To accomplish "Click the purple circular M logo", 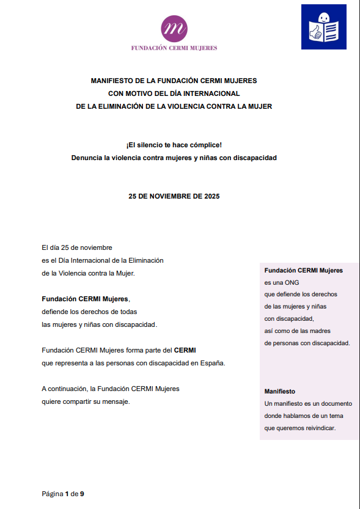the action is (174, 27).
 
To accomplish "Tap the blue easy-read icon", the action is (323, 27).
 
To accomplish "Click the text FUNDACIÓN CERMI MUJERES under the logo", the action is (174, 48).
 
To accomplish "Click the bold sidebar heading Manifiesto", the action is (280, 391).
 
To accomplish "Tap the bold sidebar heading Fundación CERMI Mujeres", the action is (303, 270).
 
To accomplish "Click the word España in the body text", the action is (211, 363).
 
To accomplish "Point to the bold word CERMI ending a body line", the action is (186, 351).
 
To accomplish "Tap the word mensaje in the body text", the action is (117, 401).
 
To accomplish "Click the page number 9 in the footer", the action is (82, 493).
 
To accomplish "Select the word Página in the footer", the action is (52, 493).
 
